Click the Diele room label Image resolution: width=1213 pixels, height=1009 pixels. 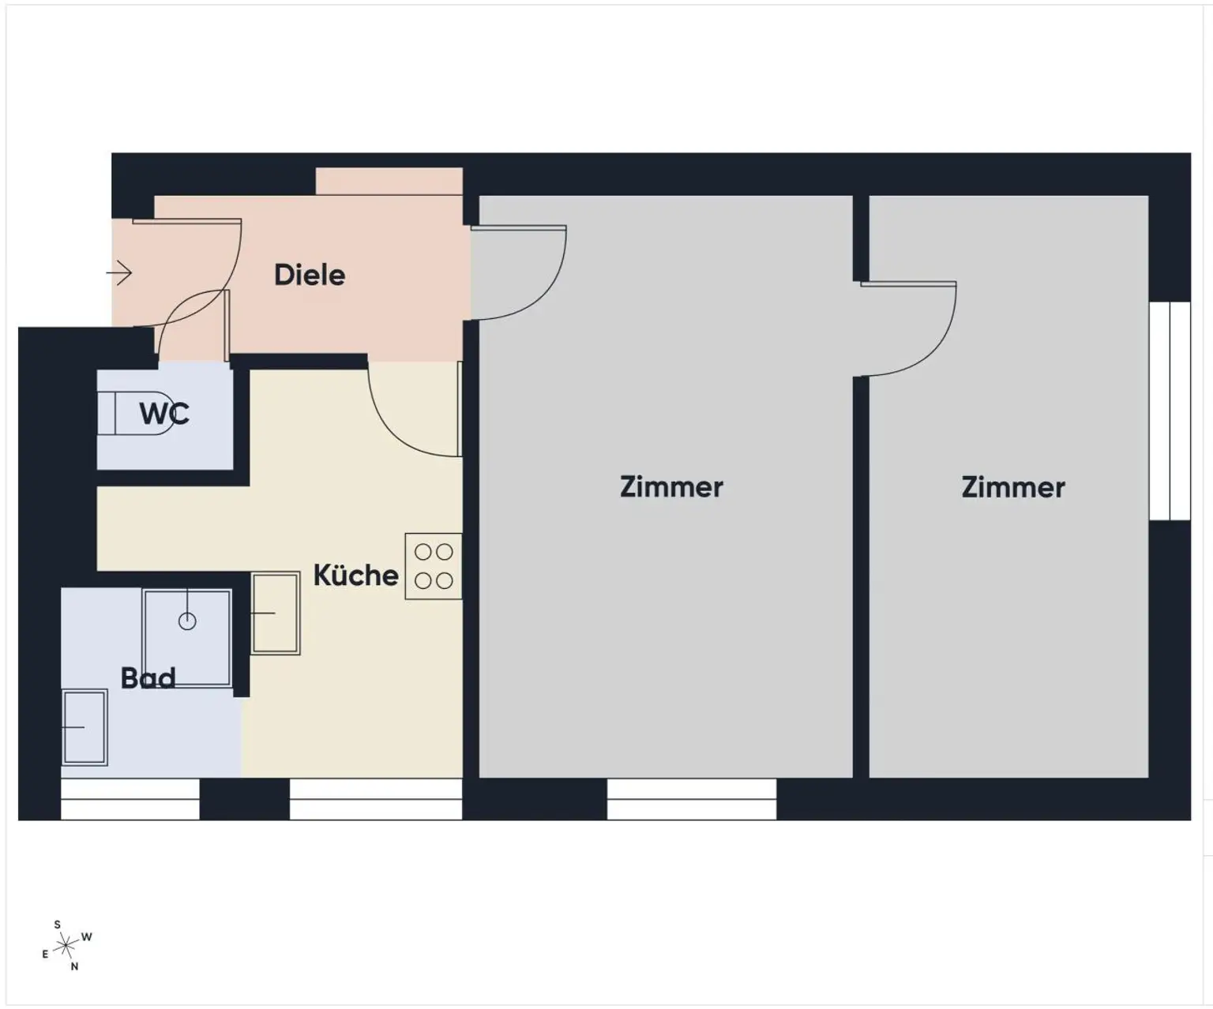pyautogui.click(x=309, y=275)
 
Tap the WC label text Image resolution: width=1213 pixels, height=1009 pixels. pyautogui.click(x=163, y=413)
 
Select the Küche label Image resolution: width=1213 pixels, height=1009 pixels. pyautogui.click(x=355, y=575)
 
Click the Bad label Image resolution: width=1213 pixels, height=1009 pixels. pyautogui.click(x=148, y=677)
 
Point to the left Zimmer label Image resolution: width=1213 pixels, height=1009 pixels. pyautogui.click(x=670, y=486)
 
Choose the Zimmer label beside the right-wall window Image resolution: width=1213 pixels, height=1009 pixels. pyautogui.click(x=1012, y=486)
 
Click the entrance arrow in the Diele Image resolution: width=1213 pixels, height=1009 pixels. pyautogui.click(x=119, y=273)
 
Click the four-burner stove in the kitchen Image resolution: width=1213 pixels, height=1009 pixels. pyautogui.click(x=434, y=566)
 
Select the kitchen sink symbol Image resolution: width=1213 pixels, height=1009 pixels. pyautogui.click(x=275, y=613)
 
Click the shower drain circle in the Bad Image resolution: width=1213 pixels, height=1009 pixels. pyautogui.click(x=187, y=621)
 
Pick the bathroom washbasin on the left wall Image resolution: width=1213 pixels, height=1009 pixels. pyautogui.click(x=84, y=727)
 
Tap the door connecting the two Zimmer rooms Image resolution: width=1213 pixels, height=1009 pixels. pyautogui.click(x=908, y=328)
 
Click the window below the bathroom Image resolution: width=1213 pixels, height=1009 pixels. pyautogui.click(x=130, y=799)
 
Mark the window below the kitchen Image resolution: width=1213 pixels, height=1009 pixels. pyautogui.click(x=376, y=799)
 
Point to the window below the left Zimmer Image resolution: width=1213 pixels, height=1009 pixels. pyautogui.click(x=692, y=799)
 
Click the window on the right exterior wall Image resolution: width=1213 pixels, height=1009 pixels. pyautogui.click(x=1170, y=411)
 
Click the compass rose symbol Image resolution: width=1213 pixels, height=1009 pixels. pyautogui.click(x=66, y=945)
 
